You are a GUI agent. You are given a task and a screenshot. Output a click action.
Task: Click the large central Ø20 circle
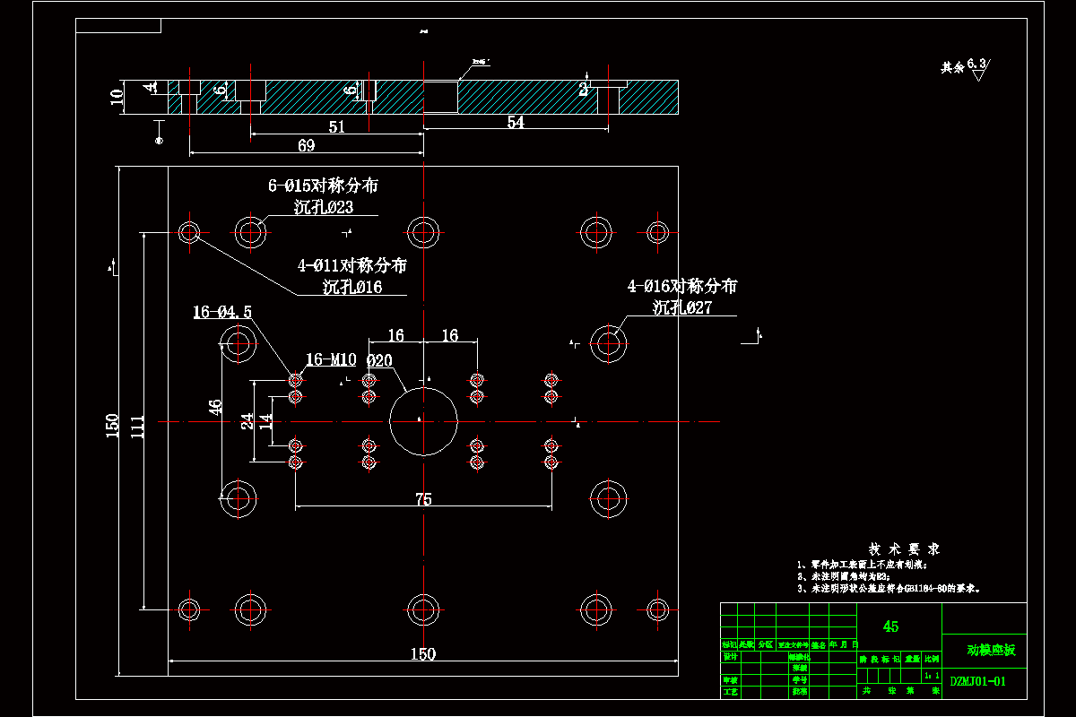tap(423, 420)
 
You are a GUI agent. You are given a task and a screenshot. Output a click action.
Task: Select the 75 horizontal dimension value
tap(423, 499)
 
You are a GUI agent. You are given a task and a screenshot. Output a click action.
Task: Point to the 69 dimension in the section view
tap(306, 145)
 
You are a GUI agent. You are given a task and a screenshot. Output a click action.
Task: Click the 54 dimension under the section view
tap(516, 123)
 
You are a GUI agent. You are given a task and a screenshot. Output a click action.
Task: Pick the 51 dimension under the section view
tap(336, 127)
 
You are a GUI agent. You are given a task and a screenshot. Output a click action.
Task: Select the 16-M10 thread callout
tap(332, 359)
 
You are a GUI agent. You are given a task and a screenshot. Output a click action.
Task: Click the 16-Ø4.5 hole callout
tap(222, 312)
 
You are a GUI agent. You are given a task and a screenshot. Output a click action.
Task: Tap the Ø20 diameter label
tap(379, 360)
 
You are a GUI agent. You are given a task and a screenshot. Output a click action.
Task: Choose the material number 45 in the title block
tap(890, 626)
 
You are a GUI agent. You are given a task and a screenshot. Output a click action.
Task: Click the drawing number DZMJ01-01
tap(978, 681)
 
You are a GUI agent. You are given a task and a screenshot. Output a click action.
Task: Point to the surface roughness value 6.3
tap(976, 64)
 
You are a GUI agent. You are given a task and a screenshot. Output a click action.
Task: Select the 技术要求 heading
tap(903, 549)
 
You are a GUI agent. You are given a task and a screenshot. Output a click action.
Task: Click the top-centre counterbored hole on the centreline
tap(423, 231)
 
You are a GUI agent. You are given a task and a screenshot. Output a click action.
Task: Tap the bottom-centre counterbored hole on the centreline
tap(423, 609)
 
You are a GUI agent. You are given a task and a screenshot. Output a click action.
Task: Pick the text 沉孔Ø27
tap(682, 307)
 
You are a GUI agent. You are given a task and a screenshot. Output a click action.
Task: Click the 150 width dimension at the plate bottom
tap(422, 654)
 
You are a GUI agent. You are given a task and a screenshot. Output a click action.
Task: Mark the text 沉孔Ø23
tap(324, 207)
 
